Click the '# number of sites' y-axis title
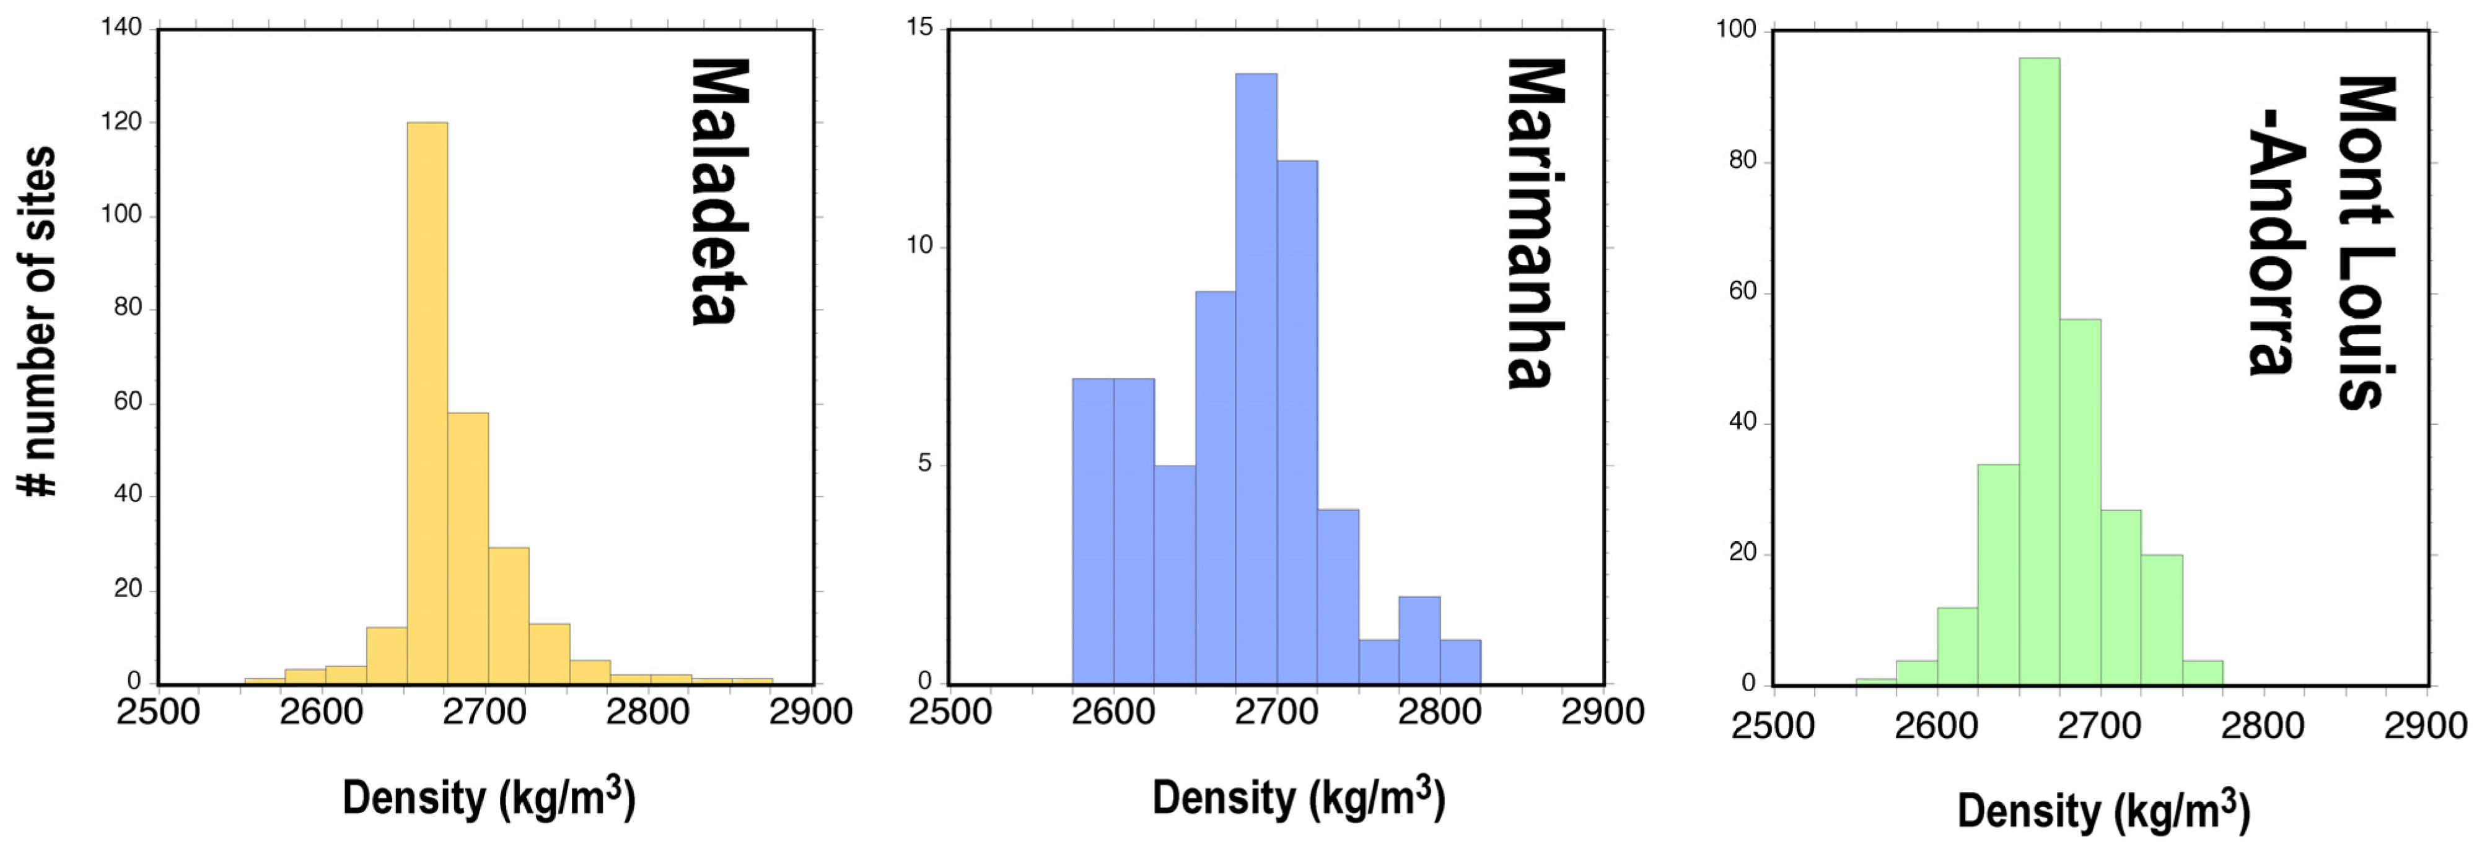38,321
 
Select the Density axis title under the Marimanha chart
1298,798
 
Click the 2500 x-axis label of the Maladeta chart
159,713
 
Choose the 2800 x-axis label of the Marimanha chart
1439,713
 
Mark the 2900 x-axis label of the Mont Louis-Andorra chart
2425,726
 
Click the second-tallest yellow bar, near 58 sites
467,548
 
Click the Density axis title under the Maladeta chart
488,798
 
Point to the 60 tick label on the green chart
1742,291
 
